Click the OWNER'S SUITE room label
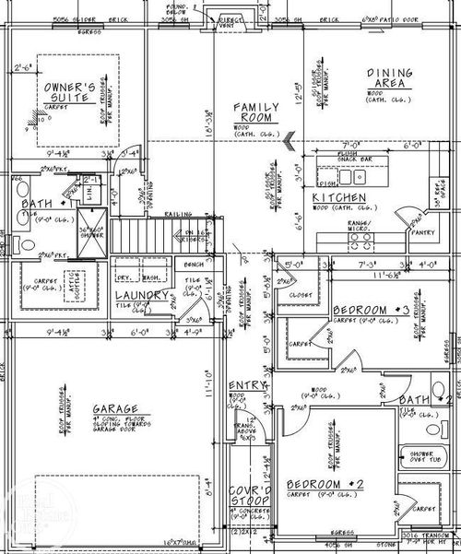[x=70, y=93]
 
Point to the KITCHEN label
[x=339, y=198]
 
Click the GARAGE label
[x=115, y=408]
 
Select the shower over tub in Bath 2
[x=424, y=459]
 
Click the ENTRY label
[x=247, y=384]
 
